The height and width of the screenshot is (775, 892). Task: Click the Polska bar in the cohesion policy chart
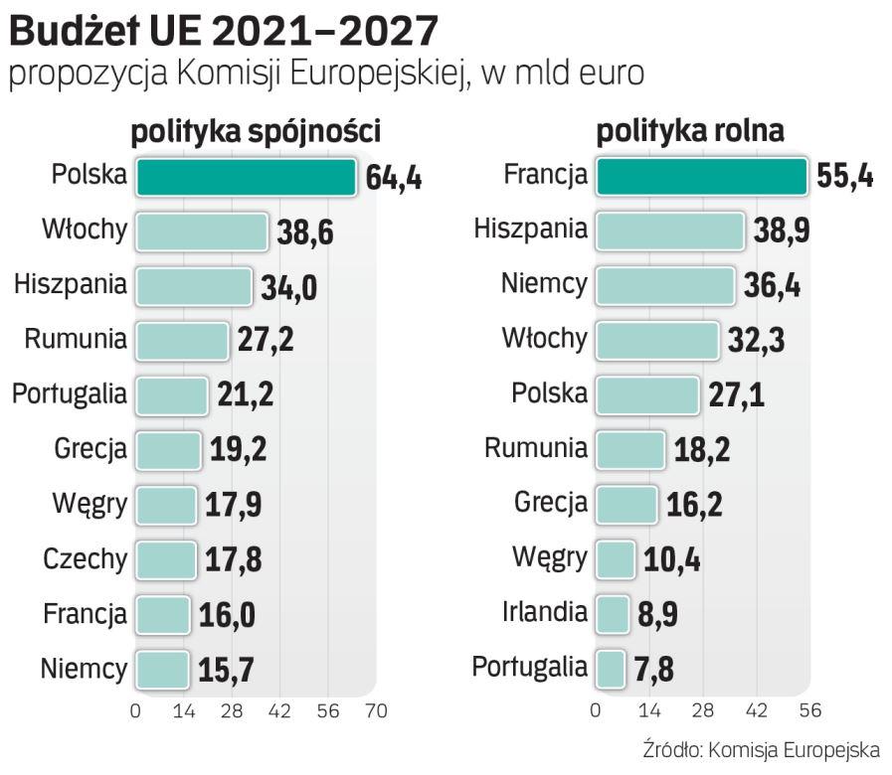(x=246, y=177)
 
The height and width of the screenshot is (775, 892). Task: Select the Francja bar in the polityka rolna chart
(x=700, y=177)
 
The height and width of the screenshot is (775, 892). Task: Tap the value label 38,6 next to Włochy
(x=303, y=233)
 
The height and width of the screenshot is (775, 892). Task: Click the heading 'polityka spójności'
(x=257, y=131)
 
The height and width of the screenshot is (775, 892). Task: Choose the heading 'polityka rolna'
(x=690, y=131)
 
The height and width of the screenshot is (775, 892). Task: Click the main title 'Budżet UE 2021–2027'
(x=223, y=32)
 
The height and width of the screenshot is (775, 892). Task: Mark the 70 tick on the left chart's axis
(x=375, y=711)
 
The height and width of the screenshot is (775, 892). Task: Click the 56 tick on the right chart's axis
(x=809, y=711)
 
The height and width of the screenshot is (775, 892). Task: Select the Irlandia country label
(x=544, y=612)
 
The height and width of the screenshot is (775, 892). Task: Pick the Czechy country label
(x=86, y=559)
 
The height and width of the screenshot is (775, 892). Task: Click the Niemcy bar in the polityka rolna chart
(x=664, y=285)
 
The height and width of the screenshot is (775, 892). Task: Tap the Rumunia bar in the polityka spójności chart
(x=182, y=341)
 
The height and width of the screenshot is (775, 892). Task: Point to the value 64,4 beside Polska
(x=394, y=179)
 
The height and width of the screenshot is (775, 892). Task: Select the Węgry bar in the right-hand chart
(x=615, y=558)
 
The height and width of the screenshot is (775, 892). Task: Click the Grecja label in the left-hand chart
(x=90, y=449)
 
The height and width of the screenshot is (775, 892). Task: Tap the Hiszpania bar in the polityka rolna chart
(x=669, y=231)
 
